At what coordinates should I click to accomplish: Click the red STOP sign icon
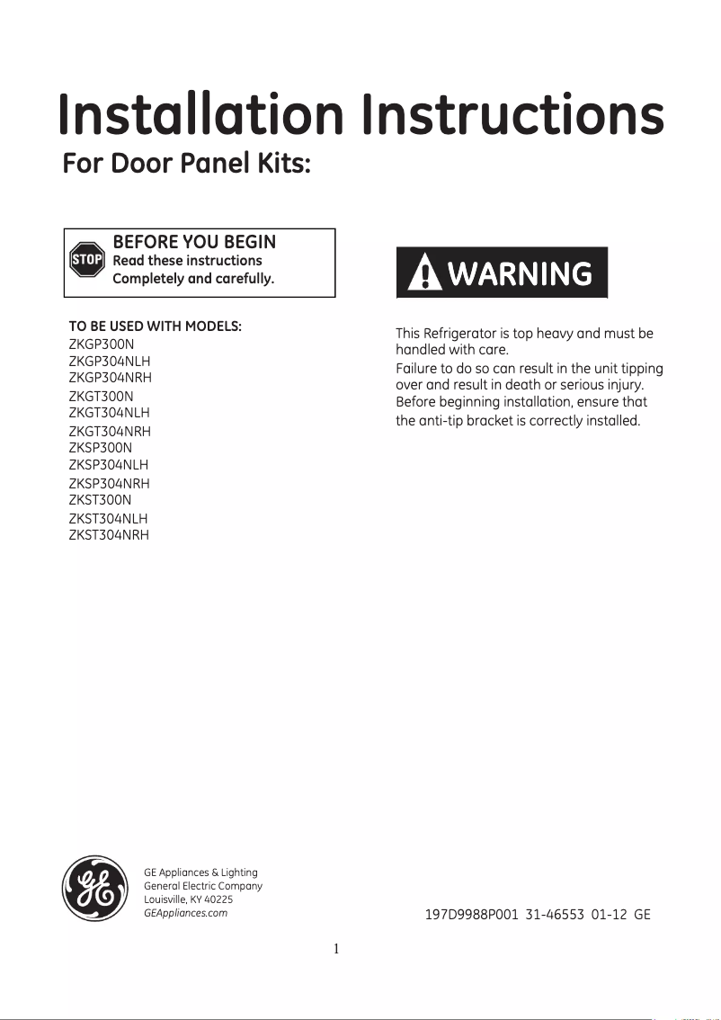coord(87,260)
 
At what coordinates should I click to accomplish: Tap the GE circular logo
coord(94,888)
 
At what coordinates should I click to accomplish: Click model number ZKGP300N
coord(101,344)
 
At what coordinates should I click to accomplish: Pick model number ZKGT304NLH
coord(109,413)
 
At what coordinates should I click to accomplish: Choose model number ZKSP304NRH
coord(109,483)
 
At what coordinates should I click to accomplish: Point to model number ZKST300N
coord(100,500)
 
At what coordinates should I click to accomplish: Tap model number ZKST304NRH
coord(109,535)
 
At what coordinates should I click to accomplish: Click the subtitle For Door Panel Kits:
coord(187,166)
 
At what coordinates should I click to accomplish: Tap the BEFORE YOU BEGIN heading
coord(193,242)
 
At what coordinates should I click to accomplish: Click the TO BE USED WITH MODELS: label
coord(155,326)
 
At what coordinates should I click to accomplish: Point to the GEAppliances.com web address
coord(185,913)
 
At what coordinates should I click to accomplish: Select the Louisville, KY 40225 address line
coord(188,899)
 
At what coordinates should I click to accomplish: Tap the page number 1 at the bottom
coord(335,948)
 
